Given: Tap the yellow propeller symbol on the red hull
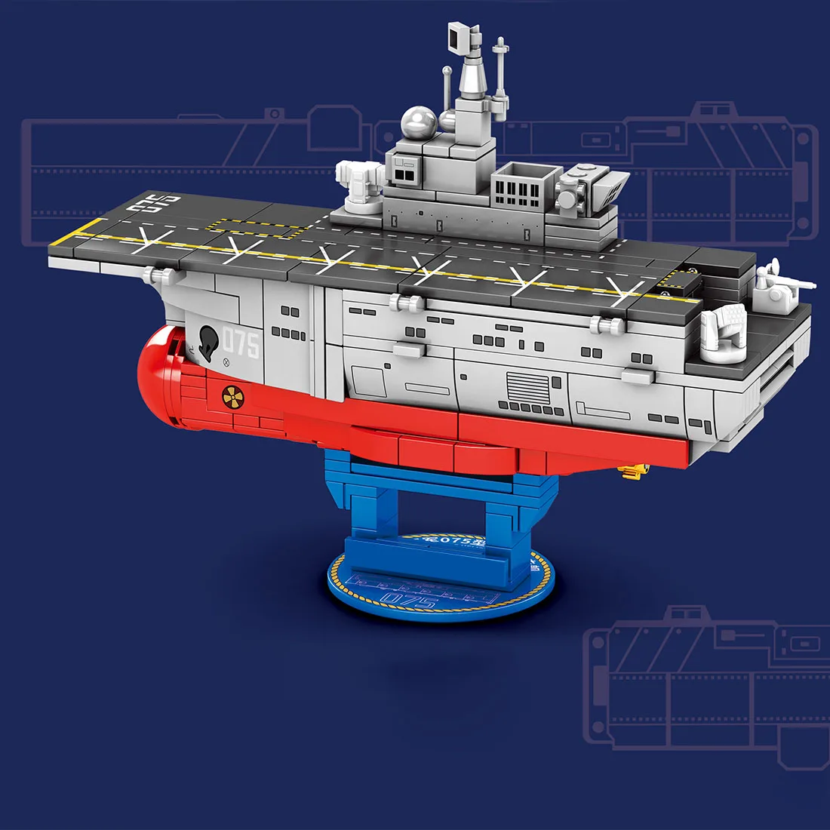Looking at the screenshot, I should (x=232, y=395).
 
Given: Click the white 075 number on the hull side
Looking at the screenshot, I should (x=241, y=345).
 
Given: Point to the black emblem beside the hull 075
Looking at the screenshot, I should (x=208, y=343).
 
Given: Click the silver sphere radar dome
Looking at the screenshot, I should (x=417, y=121).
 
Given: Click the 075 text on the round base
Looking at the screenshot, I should (x=408, y=600).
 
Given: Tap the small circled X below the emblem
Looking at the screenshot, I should (x=225, y=363).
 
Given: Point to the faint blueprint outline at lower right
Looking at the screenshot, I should (x=705, y=679).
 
